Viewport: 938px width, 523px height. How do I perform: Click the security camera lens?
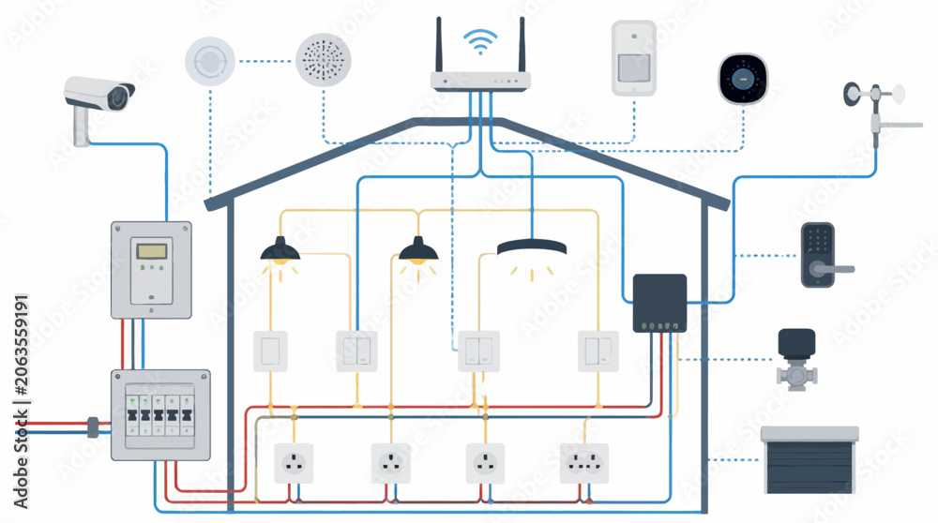coord(119,97)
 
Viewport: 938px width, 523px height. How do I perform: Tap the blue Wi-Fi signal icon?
coord(480,41)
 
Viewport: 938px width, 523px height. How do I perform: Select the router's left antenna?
coord(438,45)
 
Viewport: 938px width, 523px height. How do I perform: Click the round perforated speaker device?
coord(323,60)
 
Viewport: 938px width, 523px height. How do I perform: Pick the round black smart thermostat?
coord(743,79)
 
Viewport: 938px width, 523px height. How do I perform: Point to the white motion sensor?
coord(633,58)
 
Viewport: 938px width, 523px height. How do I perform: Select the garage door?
coord(809,459)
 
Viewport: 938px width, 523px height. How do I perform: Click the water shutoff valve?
coord(796,359)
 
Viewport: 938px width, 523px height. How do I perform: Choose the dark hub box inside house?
coord(659,303)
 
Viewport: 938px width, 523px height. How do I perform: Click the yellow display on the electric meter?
coord(151,250)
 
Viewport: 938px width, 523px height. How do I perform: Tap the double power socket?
coord(583,463)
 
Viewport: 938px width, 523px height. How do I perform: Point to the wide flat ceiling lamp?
coord(531,247)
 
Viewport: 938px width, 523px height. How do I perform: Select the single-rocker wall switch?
coord(270,351)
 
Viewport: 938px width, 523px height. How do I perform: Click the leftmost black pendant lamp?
coord(280,250)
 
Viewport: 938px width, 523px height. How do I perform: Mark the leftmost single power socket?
coord(293,463)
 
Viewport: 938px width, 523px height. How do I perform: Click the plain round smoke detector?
coord(210,61)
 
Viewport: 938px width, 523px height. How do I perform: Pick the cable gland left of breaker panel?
coord(93,427)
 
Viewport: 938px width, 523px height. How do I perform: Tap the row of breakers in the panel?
coord(159,415)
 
